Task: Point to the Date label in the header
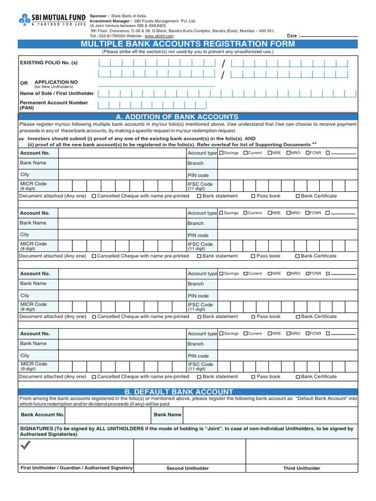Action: point(292,36)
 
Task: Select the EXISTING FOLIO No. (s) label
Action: point(48,63)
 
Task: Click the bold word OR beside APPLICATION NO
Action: point(23,83)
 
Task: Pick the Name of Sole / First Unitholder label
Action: point(56,93)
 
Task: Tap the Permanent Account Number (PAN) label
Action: point(54,105)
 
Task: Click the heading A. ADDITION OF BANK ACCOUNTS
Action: point(177,117)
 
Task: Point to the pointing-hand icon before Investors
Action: point(22,139)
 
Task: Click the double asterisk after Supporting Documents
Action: point(314,144)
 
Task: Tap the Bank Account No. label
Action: point(43,415)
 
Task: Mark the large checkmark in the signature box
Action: point(25,445)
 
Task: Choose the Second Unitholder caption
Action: point(188,468)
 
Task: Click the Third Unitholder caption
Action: point(302,468)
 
